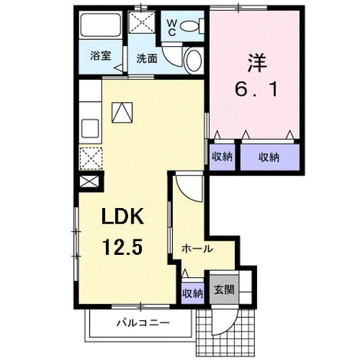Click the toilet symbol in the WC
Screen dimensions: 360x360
point(192,26)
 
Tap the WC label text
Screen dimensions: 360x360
point(172,28)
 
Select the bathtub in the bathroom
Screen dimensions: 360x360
point(101,25)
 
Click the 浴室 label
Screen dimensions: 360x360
point(101,56)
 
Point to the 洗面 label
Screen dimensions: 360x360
point(147,59)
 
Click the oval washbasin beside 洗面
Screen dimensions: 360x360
point(194,61)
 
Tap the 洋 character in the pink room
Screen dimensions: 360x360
point(256,63)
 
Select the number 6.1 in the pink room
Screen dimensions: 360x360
point(256,90)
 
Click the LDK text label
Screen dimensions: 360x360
point(122,216)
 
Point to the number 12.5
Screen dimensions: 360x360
point(122,246)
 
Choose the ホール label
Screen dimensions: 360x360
point(197,249)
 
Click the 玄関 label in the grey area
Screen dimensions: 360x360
point(224,290)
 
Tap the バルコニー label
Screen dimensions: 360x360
point(143,322)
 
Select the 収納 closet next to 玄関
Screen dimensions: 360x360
point(193,293)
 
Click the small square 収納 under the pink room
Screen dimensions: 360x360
point(223,157)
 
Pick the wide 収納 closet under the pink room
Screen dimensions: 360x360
point(270,157)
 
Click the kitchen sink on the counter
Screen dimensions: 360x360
point(91,128)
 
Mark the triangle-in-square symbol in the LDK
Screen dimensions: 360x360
point(122,113)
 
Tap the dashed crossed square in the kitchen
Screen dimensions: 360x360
point(91,158)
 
